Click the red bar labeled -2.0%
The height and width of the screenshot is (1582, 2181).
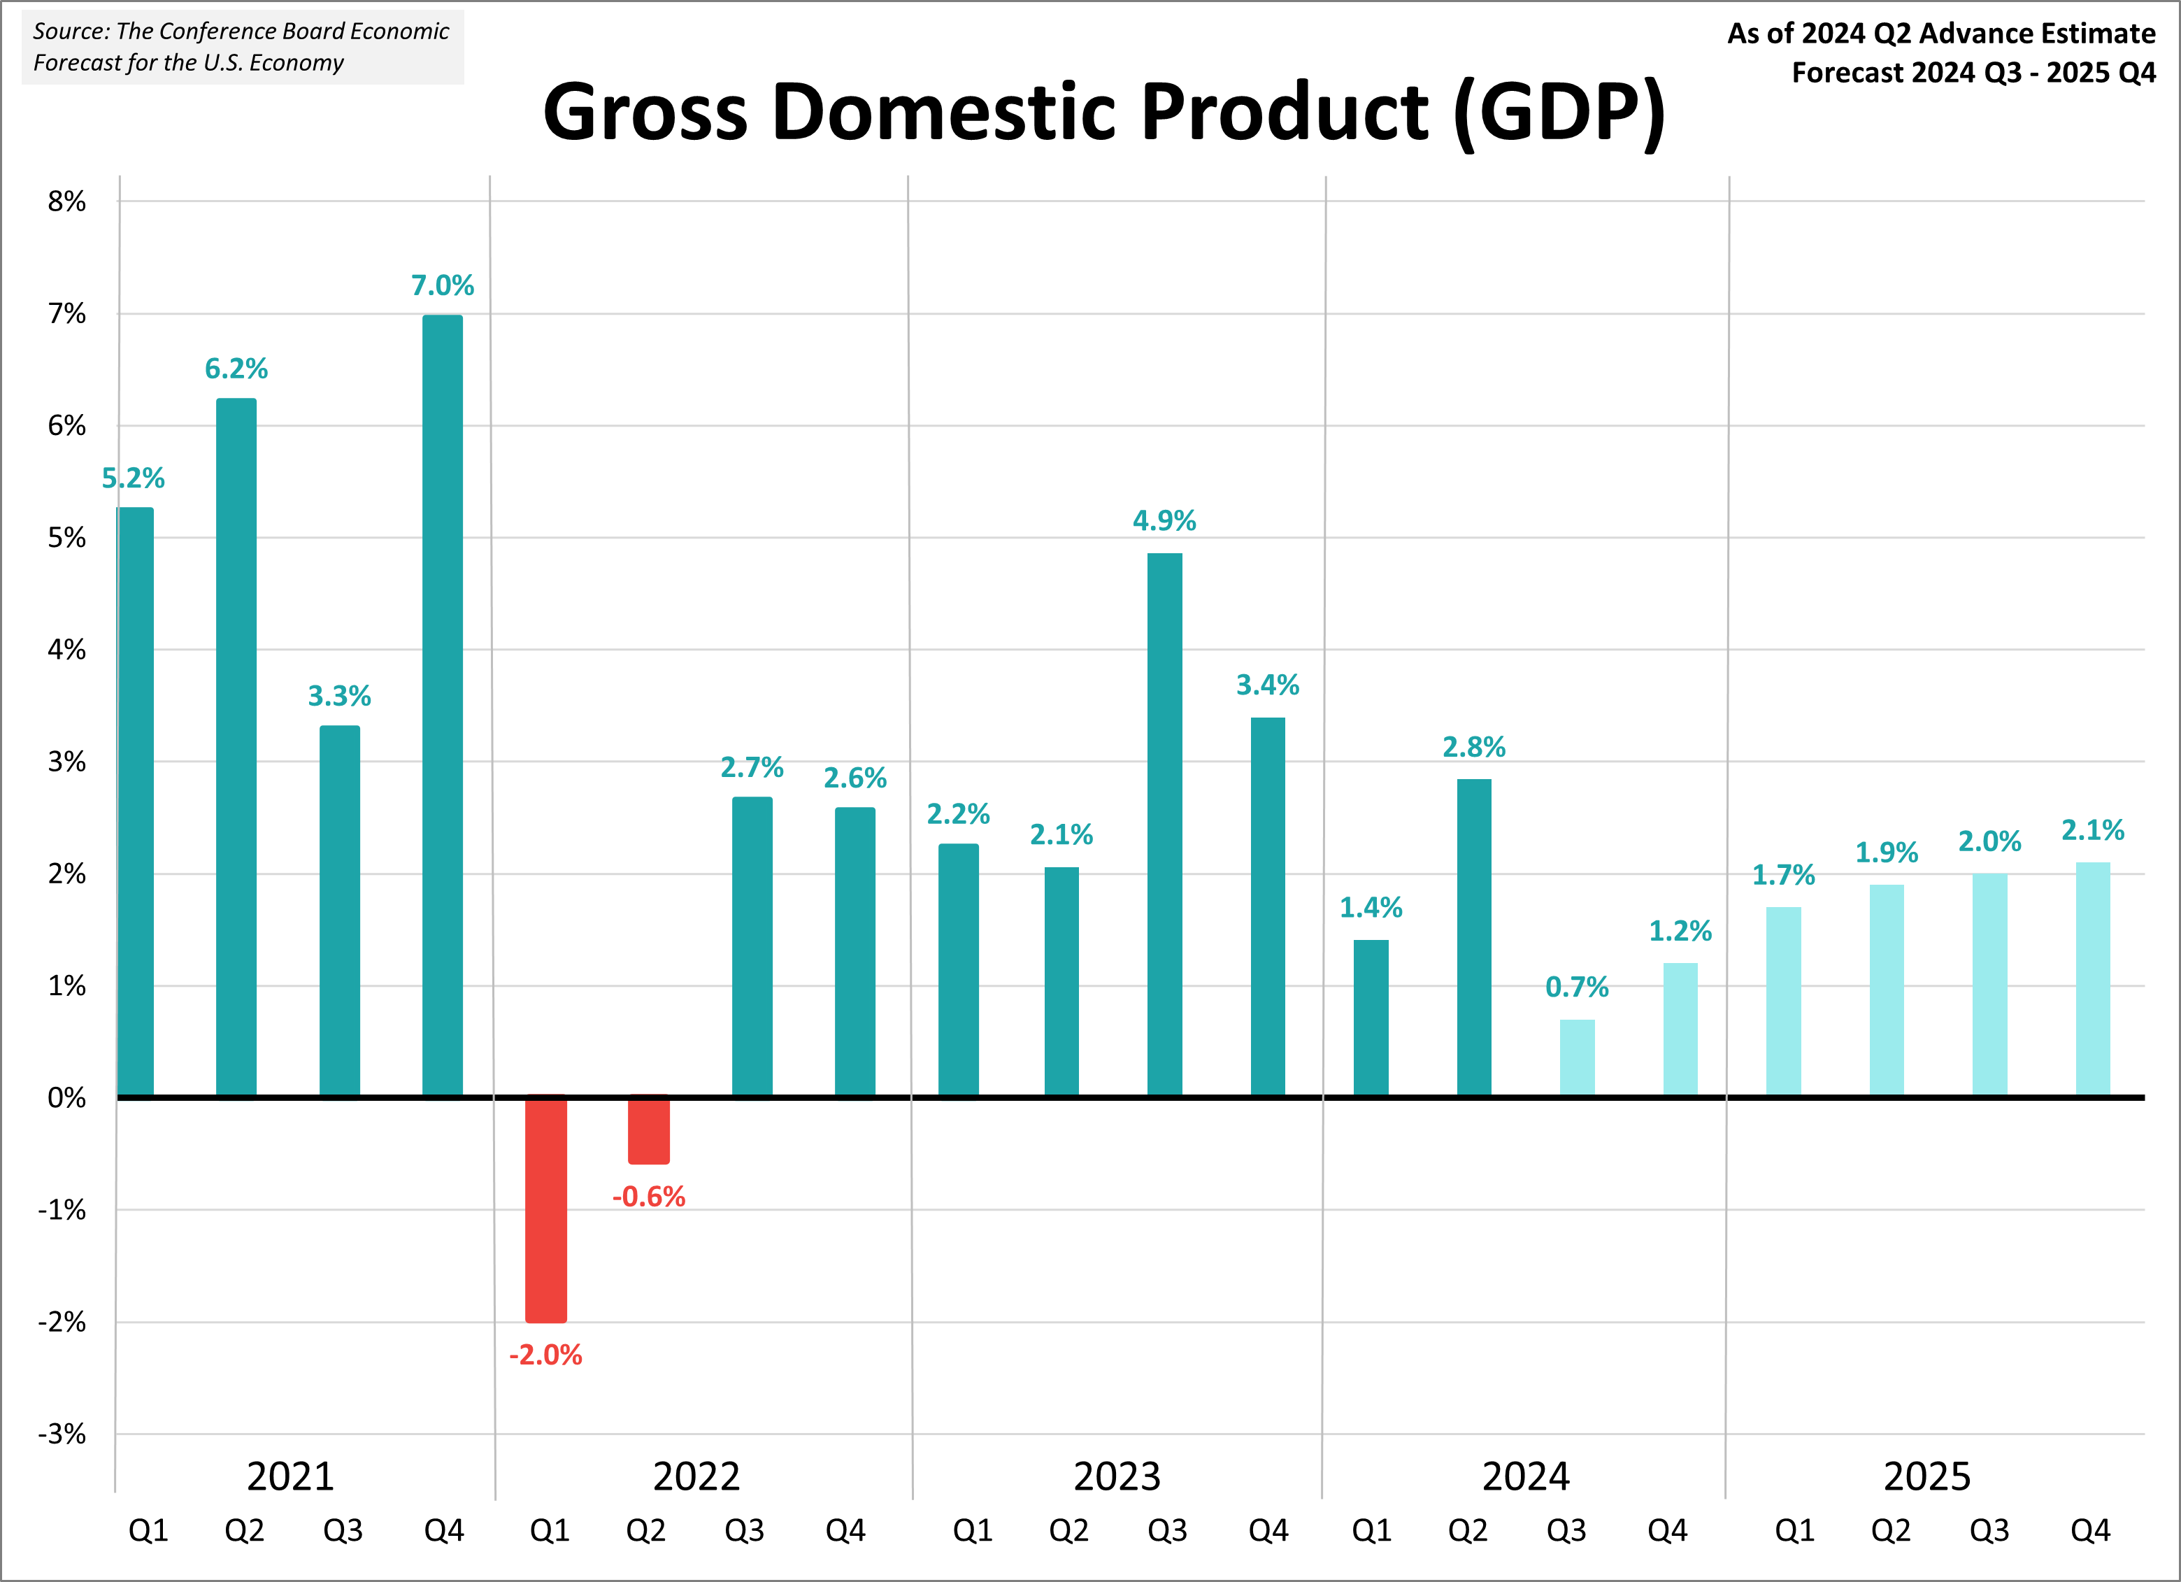point(545,1208)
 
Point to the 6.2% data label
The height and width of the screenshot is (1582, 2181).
point(236,369)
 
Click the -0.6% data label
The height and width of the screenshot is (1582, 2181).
point(649,1197)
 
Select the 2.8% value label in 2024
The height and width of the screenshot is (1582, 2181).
point(1473,746)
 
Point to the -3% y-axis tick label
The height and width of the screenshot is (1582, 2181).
point(62,1434)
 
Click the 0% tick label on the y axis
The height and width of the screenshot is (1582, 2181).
point(66,1097)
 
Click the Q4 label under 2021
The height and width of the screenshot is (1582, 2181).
point(443,1530)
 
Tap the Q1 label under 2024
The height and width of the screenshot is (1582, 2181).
point(1371,1530)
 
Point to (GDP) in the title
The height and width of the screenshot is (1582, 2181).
point(1560,113)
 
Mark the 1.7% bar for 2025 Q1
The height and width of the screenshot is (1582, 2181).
point(1783,1000)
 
